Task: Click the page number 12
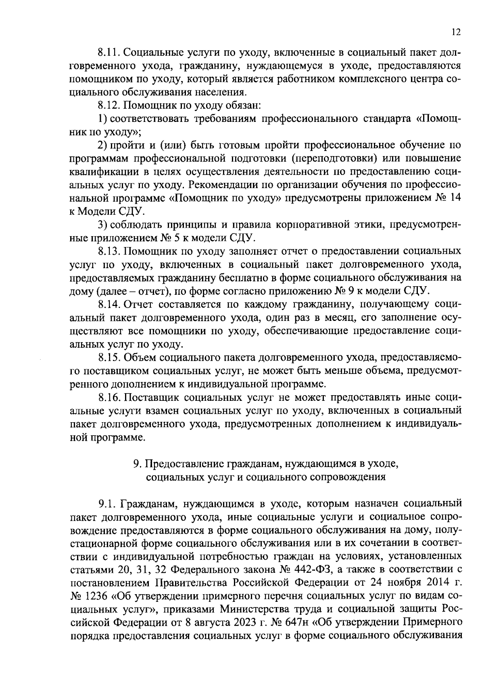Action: tap(456, 33)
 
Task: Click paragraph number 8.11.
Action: tap(109, 52)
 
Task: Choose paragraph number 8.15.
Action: tap(109, 358)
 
